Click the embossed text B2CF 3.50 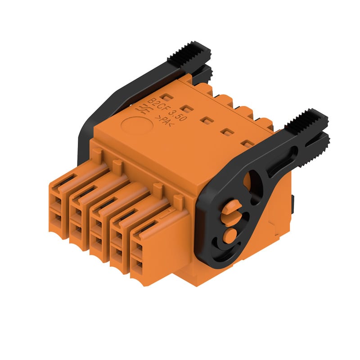click(x=167, y=110)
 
